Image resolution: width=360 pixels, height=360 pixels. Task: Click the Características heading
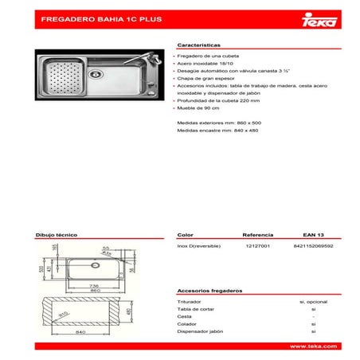[199, 47]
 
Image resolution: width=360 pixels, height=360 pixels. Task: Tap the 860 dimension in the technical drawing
[94, 289]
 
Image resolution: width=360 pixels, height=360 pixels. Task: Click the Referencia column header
[257, 236]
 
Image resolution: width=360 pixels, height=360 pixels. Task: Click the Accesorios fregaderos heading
[209, 292]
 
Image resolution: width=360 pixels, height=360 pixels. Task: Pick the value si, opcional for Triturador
[314, 303]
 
